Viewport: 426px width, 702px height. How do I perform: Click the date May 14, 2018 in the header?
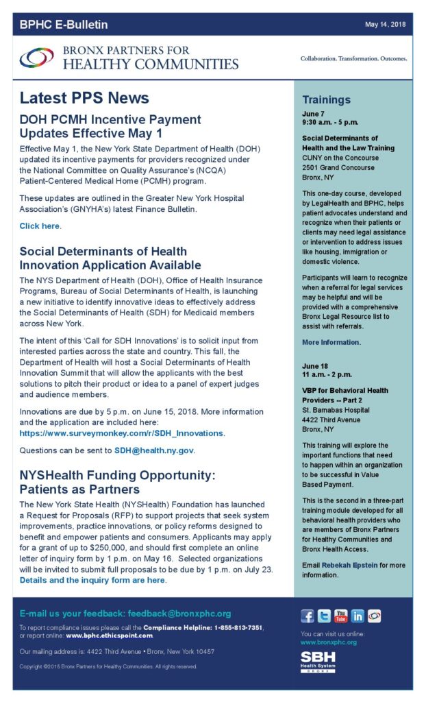pos(385,25)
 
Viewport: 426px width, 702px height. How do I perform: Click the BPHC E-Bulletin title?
pos(64,25)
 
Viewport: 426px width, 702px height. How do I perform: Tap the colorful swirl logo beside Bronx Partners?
pos(36,58)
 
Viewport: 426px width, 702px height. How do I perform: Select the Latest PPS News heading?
pos(84,97)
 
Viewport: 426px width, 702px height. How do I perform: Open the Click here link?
pos(40,226)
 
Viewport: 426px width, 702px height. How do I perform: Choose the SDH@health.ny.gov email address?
pos(155,450)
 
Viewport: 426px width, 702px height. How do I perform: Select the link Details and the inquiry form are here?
pos(92,580)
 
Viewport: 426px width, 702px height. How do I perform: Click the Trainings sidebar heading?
pos(327,99)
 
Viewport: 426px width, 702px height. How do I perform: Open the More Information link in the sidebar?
pos(331,342)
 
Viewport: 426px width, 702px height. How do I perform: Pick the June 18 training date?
pos(315,366)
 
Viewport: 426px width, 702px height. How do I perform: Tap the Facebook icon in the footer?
pos(308,616)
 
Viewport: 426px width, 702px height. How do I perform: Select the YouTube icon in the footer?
pos(340,616)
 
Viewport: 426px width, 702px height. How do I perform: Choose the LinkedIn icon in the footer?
pos(357,616)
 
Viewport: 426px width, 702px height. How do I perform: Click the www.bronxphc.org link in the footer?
pos(329,642)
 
